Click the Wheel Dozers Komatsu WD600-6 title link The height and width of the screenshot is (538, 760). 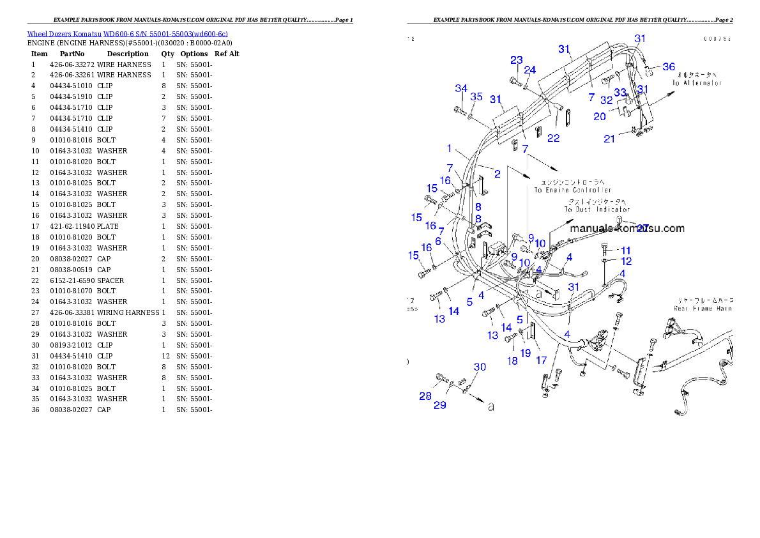tap(127, 34)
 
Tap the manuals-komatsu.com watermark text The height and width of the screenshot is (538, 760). tap(627, 228)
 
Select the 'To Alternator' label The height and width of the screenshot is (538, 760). tap(697, 83)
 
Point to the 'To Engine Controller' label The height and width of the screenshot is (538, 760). tap(572, 190)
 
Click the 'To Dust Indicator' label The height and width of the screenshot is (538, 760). tap(597, 209)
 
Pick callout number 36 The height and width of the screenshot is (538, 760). tap(668, 66)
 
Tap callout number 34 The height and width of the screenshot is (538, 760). tap(461, 88)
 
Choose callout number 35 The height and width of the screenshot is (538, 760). tap(476, 97)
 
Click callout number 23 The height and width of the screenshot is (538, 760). tap(516, 60)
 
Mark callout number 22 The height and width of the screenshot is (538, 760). tap(553, 138)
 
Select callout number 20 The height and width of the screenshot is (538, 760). tap(599, 116)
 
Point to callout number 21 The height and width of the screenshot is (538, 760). tap(610, 139)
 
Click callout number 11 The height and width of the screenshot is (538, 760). tap(625, 250)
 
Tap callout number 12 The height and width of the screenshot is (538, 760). tap(626, 261)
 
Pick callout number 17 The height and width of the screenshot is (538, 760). tap(541, 360)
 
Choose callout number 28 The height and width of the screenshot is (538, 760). tap(425, 396)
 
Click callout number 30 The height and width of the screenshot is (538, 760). tap(480, 367)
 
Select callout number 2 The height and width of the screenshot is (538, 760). tap(497, 173)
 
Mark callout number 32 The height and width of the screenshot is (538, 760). tap(606, 100)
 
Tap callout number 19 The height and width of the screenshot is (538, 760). tap(525, 353)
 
